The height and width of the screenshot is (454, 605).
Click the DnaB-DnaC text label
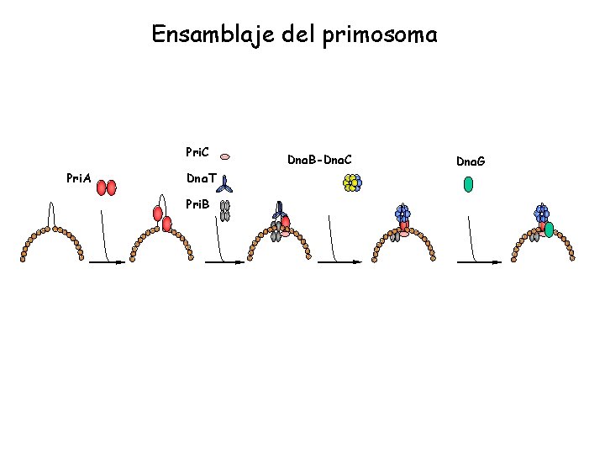[319, 158]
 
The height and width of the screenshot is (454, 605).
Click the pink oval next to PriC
[225, 156]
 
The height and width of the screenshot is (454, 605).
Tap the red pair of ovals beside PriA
[106, 187]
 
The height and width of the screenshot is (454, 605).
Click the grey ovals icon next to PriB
[224, 209]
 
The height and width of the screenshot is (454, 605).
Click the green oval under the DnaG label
[468, 183]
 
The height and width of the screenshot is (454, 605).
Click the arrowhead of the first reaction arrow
[121, 262]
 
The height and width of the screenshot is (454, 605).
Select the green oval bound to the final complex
[549, 229]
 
